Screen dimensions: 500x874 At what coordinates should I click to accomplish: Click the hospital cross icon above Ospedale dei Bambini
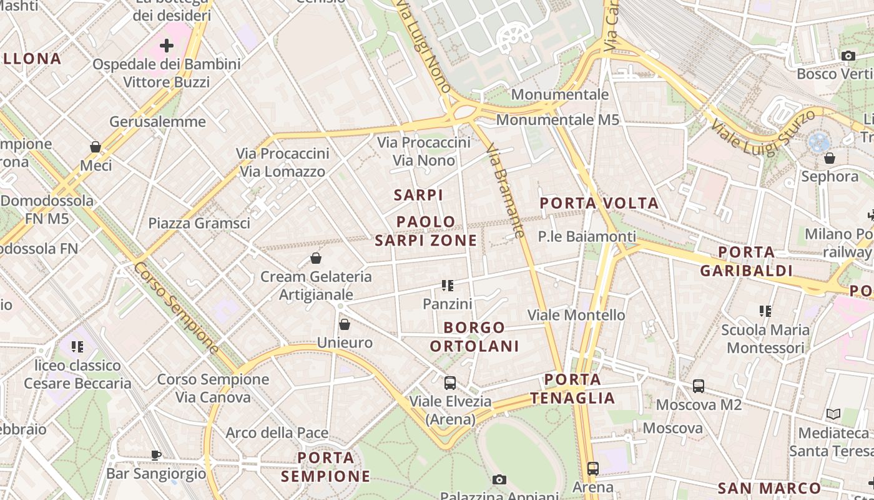[x=167, y=46]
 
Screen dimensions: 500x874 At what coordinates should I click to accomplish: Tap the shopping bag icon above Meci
[x=96, y=147]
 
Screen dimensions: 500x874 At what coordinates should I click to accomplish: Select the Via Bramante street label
[x=505, y=191]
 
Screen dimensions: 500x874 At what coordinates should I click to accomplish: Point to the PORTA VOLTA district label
[x=599, y=203]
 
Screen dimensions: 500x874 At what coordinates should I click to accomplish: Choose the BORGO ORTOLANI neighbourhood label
[x=474, y=337]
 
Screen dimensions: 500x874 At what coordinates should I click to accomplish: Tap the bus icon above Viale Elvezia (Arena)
[x=449, y=383]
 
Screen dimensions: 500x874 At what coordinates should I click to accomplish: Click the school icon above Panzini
[x=447, y=286]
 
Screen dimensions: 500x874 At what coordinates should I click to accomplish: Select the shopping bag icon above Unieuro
[x=344, y=324]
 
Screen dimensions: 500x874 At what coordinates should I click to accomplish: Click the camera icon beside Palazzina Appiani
[x=499, y=479]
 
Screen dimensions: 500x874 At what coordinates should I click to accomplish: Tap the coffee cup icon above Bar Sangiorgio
[x=156, y=455]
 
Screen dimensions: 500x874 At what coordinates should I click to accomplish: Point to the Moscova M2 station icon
[x=698, y=386]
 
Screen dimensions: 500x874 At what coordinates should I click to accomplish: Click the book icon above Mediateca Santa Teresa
[x=833, y=414]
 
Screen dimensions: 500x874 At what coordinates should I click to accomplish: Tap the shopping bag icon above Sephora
[x=830, y=158]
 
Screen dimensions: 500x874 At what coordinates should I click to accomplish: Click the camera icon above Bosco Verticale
[x=848, y=56]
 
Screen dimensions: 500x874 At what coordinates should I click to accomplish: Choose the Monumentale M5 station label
[x=557, y=119]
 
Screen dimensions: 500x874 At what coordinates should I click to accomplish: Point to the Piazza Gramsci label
[x=199, y=223]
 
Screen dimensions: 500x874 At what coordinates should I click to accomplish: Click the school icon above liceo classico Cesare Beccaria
[x=77, y=346]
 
